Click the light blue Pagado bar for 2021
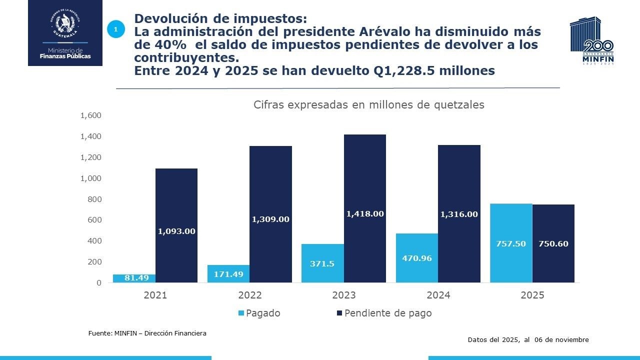134,278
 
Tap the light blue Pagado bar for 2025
511,243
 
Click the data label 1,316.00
458,214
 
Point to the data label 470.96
416,258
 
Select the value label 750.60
553,244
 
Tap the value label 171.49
228,274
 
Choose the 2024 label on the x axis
438,295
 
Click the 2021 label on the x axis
155,295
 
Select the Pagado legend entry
259,313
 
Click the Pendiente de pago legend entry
383,313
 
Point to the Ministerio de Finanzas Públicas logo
65,33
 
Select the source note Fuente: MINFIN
147,333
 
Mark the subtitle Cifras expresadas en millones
368,105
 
